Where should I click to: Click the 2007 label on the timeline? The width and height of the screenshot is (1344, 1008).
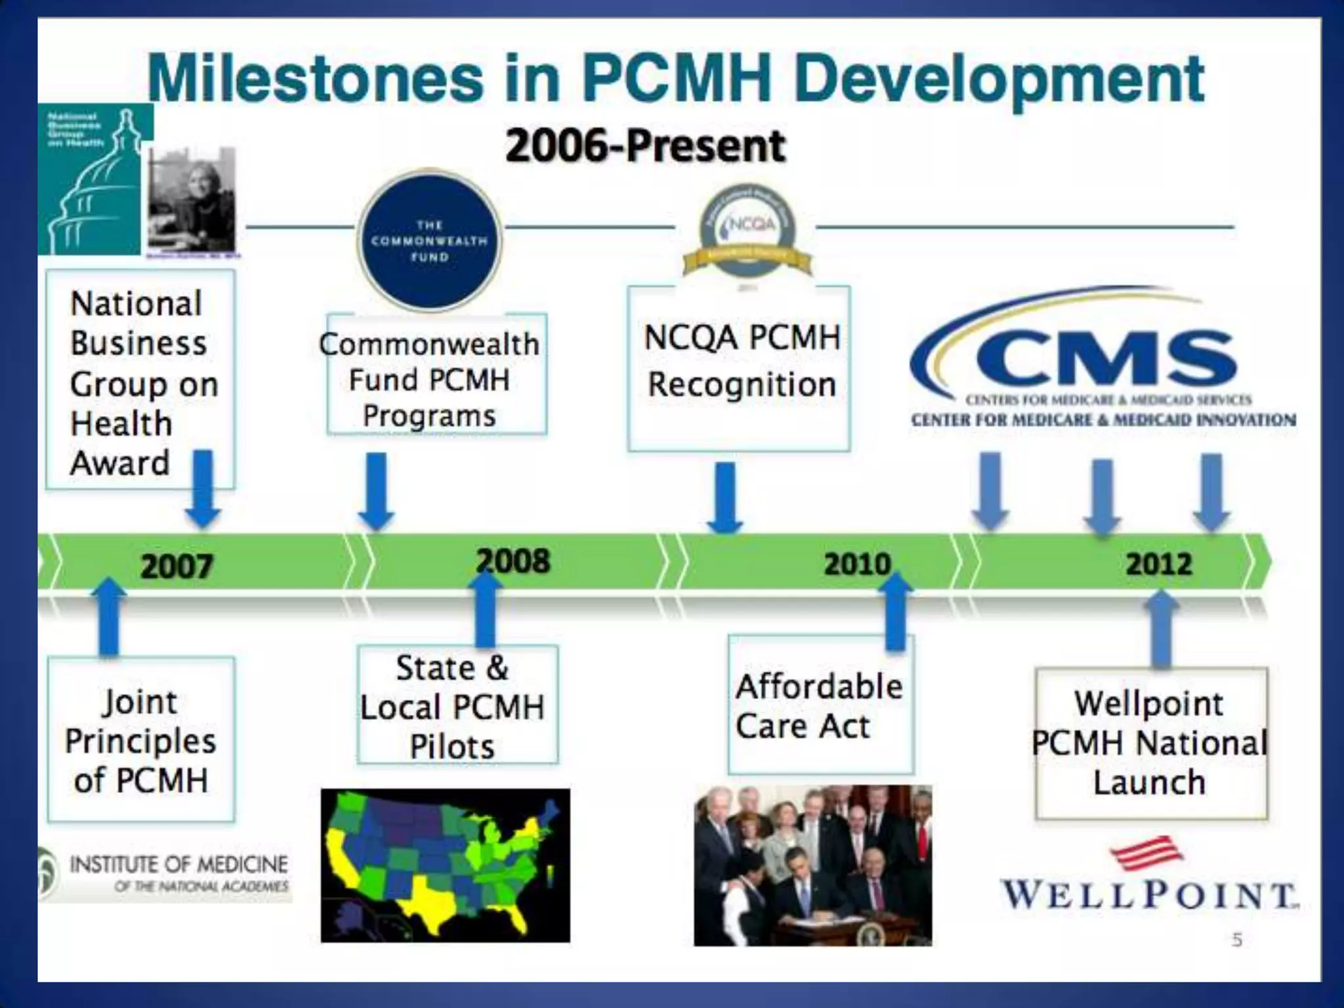pos(177,566)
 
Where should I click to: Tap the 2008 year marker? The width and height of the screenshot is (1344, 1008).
pos(514,562)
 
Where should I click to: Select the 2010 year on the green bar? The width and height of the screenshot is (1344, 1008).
pos(857,564)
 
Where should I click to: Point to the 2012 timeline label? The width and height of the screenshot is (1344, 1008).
pos(1159,564)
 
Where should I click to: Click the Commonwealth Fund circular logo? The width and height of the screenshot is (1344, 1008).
pos(430,240)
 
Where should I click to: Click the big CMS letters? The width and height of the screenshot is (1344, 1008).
pos(1106,359)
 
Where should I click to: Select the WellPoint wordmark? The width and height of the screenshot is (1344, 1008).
pos(1149,894)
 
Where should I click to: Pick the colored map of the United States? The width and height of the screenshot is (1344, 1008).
pos(445,865)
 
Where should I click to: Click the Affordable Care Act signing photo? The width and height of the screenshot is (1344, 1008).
pos(812,865)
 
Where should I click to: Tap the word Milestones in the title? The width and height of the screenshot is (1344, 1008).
pos(315,79)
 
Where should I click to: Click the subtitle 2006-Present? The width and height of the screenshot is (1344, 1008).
pos(646,146)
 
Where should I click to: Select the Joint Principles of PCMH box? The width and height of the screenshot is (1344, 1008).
pos(141,740)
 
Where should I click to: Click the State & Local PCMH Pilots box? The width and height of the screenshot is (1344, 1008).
pos(457,706)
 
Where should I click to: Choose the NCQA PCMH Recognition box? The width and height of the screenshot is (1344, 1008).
pos(740,367)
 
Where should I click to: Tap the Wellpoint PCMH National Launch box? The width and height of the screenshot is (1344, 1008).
pos(1150,743)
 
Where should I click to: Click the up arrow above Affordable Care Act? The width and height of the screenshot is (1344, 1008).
pos(895,610)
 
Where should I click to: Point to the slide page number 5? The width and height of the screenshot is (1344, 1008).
pos(1237,940)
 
